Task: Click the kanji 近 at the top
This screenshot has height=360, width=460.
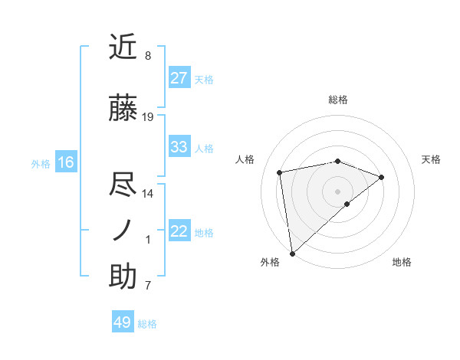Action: [x=123, y=47]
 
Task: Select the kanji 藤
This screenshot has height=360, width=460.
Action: [x=123, y=109]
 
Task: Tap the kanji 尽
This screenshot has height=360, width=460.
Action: [x=123, y=184]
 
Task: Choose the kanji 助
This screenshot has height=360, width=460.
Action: [x=123, y=277]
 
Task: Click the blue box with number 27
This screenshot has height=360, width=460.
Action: [x=179, y=77]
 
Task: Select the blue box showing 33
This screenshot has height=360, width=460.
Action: [x=179, y=146]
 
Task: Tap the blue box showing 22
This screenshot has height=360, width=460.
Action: [x=179, y=231]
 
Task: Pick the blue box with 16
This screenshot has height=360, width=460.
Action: [x=66, y=162]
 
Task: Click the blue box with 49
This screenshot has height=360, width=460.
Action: [x=123, y=322]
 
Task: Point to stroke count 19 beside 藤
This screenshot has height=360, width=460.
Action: [x=148, y=117]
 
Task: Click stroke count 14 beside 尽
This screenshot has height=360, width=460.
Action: [x=148, y=193]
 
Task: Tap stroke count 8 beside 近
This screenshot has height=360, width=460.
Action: [x=148, y=56]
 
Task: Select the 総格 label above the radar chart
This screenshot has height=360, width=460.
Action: [x=338, y=100]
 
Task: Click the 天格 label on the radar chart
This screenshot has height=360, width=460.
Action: [x=432, y=159]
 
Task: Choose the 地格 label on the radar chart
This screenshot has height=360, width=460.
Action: [x=402, y=262]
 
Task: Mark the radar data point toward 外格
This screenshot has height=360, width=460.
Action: [x=292, y=253]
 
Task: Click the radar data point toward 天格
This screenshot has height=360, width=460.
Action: [x=382, y=177]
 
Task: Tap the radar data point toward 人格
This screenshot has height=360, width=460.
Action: [x=281, y=172]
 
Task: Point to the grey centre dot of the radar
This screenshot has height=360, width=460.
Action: [x=337, y=191]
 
